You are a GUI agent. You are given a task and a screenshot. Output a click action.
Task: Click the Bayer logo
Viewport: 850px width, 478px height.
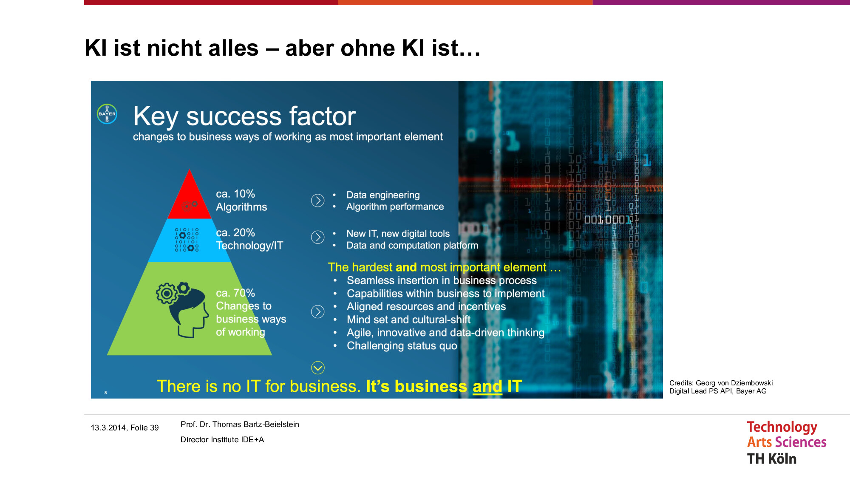(x=107, y=114)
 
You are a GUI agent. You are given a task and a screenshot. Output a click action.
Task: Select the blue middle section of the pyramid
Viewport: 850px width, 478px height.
(x=190, y=240)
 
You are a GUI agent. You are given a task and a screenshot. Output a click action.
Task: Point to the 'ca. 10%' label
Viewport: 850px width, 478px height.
(x=235, y=194)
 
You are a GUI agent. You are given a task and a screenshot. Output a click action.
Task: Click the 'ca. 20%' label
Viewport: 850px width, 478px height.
(x=235, y=232)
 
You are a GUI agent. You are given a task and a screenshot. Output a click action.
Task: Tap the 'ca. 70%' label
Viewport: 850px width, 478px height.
(x=235, y=293)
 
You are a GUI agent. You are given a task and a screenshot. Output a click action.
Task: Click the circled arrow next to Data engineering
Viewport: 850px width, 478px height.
(x=317, y=200)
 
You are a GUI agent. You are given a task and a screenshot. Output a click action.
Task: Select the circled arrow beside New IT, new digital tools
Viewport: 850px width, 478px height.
(x=317, y=237)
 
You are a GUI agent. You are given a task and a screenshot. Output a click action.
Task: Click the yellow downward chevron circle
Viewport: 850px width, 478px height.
(x=317, y=368)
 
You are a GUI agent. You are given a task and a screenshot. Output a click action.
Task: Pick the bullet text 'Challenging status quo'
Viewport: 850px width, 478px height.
(x=402, y=346)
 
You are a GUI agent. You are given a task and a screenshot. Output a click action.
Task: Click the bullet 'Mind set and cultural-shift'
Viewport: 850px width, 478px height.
(x=409, y=320)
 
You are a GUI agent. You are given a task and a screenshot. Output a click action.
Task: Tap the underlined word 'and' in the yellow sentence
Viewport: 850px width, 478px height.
(x=487, y=386)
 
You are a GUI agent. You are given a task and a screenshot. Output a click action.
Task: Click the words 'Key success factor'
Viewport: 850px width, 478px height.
(x=244, y=116)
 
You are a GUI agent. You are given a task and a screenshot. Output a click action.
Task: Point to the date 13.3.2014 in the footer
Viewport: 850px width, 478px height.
(x=108, y=428)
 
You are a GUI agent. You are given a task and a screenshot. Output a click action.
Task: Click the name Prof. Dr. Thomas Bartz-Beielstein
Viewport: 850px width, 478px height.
(x=240, y=424)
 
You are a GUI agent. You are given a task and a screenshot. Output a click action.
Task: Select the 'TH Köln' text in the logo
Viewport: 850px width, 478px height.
(x=772, y=459)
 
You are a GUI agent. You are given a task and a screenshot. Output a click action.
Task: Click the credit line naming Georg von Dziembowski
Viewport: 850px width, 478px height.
(x=721, y=383)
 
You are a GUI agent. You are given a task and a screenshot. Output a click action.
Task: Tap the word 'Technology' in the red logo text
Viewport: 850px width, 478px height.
(x=782, y=427)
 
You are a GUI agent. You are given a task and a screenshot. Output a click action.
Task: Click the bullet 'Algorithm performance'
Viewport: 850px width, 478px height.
(x=395, y=206)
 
